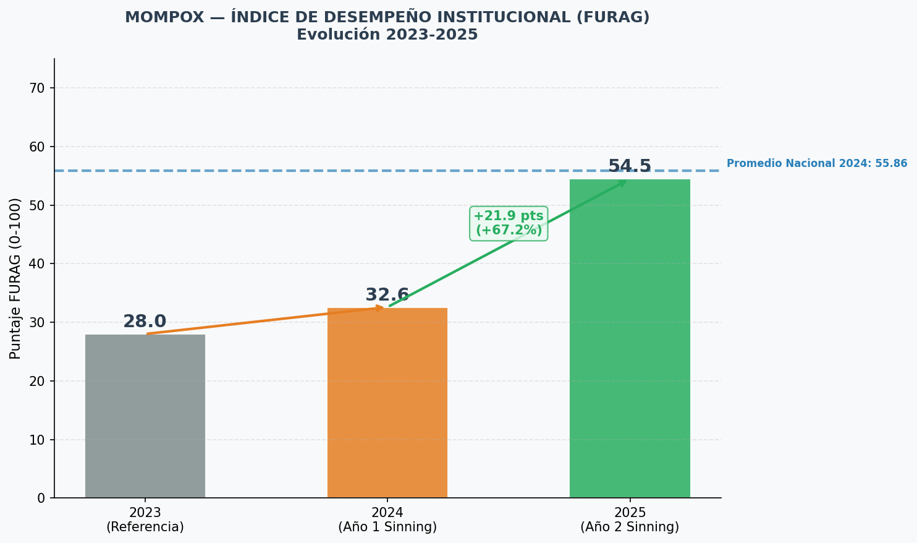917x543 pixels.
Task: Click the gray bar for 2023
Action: tap(145, 416)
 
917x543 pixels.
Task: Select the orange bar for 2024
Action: tap(387, 403)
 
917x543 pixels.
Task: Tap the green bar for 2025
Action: tap(630, 338)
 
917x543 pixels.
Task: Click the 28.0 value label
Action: tap(145, 322)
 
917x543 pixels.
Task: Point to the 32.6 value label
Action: tap(387, 295)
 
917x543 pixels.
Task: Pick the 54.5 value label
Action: tap(630, 166)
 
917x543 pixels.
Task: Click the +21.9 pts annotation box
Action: tap(509, 223)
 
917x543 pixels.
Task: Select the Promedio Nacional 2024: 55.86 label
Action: tap(817, 163)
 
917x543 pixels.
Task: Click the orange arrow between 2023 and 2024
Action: tap(265, 320)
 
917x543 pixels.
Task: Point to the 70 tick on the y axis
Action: tap(37, 88)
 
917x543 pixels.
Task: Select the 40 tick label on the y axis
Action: tap(37, 264)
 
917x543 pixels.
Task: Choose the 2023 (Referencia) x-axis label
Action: tap(145, 519)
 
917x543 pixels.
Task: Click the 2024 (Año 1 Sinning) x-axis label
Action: tap(387, 519)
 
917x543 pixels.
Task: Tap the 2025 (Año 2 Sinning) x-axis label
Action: tap(630, 519)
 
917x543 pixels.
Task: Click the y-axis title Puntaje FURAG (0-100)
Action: tap(15, 279)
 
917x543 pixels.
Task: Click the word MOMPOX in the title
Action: tap(164, 17)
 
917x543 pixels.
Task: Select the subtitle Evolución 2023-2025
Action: tap(387, 35)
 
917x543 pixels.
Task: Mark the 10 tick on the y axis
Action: tap(37, 440)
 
